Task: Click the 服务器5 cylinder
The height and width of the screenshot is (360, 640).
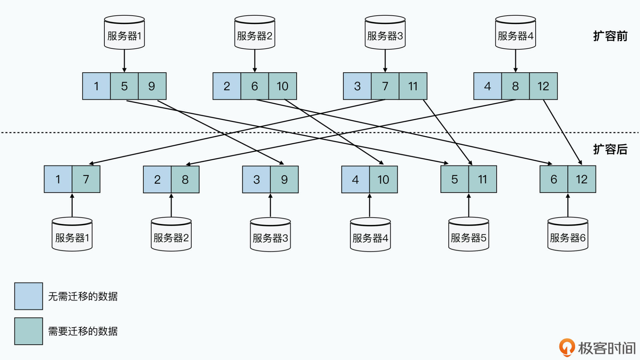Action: tap(468, 235)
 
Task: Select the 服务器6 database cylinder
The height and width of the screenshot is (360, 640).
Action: tap(568, 235)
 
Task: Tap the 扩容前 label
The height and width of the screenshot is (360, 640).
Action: tap(610, 36)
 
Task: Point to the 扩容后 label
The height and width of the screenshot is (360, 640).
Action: tap(610, 149)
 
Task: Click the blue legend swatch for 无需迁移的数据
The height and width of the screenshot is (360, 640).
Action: tap(29, 296)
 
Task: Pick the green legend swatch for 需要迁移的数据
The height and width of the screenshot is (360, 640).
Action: tap(29, 331)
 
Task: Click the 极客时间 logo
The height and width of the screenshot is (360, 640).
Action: tap(597, 348)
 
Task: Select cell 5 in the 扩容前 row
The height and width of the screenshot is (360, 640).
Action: tap(124, 86)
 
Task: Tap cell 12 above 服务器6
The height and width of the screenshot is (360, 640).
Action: tap(582, 179)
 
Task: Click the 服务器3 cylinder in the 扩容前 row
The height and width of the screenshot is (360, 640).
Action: tap(385, 33)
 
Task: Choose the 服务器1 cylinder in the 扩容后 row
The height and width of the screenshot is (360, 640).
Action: tap(72, 235)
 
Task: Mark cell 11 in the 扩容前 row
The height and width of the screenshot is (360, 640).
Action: tap(413, 86)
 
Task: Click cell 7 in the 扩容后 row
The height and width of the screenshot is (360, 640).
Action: tap(86, 179)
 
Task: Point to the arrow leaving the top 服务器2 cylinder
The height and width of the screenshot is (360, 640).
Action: tap(255, 61)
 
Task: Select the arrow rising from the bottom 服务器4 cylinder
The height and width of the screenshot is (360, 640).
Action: tap(369, 205)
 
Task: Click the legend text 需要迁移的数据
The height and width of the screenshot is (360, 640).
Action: tap(83, 331)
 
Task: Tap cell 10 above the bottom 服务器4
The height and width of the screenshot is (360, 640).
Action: tap(383, 180)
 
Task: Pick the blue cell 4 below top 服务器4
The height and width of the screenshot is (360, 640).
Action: tap(487, 86)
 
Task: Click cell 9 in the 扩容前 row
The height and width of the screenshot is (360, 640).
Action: tap(152, 86)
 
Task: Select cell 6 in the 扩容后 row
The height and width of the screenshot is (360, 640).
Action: tap(554, 179)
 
